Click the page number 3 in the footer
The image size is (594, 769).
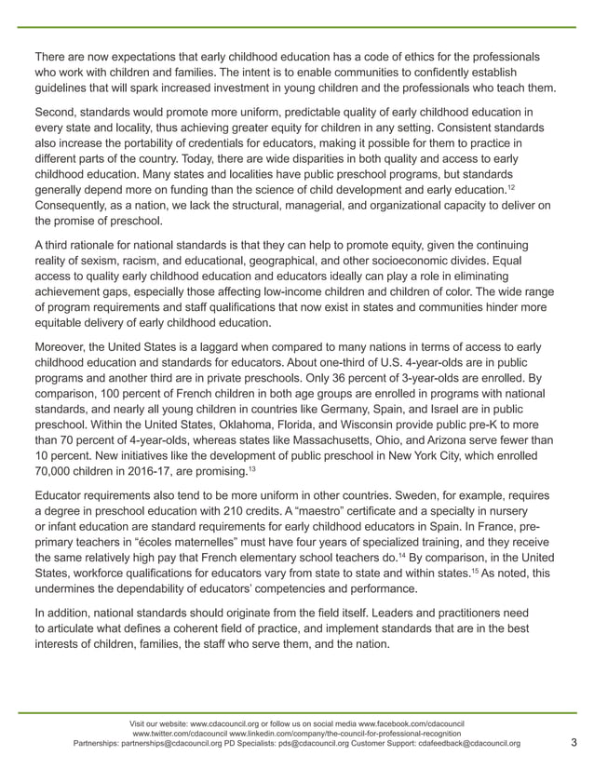[x=573, y=742]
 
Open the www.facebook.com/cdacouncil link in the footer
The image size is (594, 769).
[x=411, y=722]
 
